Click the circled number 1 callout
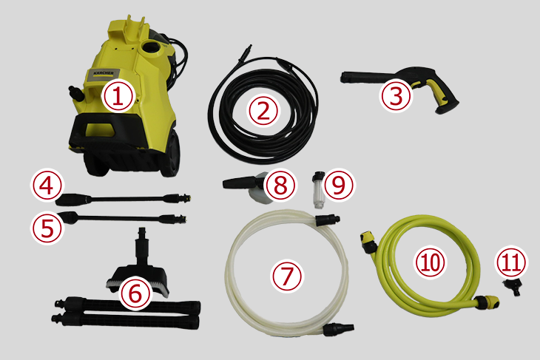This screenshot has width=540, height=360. pos(118,97)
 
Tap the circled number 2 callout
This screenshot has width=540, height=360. pos(263,111)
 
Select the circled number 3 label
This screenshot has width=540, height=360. pos(396,96)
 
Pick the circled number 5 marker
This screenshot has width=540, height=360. pos(47,228)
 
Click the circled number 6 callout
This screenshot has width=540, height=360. pos(135,294)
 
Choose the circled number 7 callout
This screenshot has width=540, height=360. pos(286,276)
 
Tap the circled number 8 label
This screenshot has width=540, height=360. pos(280,185)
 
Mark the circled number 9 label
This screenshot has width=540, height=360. pos(339,185)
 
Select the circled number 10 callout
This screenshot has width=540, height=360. pos(430,262)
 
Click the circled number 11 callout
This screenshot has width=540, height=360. pos(511,262)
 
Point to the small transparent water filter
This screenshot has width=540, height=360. pos(317,190)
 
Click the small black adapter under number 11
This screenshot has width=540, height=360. pos(512,287)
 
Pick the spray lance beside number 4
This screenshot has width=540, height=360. pos(122,199)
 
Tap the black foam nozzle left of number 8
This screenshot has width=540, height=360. pos(239,183)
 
